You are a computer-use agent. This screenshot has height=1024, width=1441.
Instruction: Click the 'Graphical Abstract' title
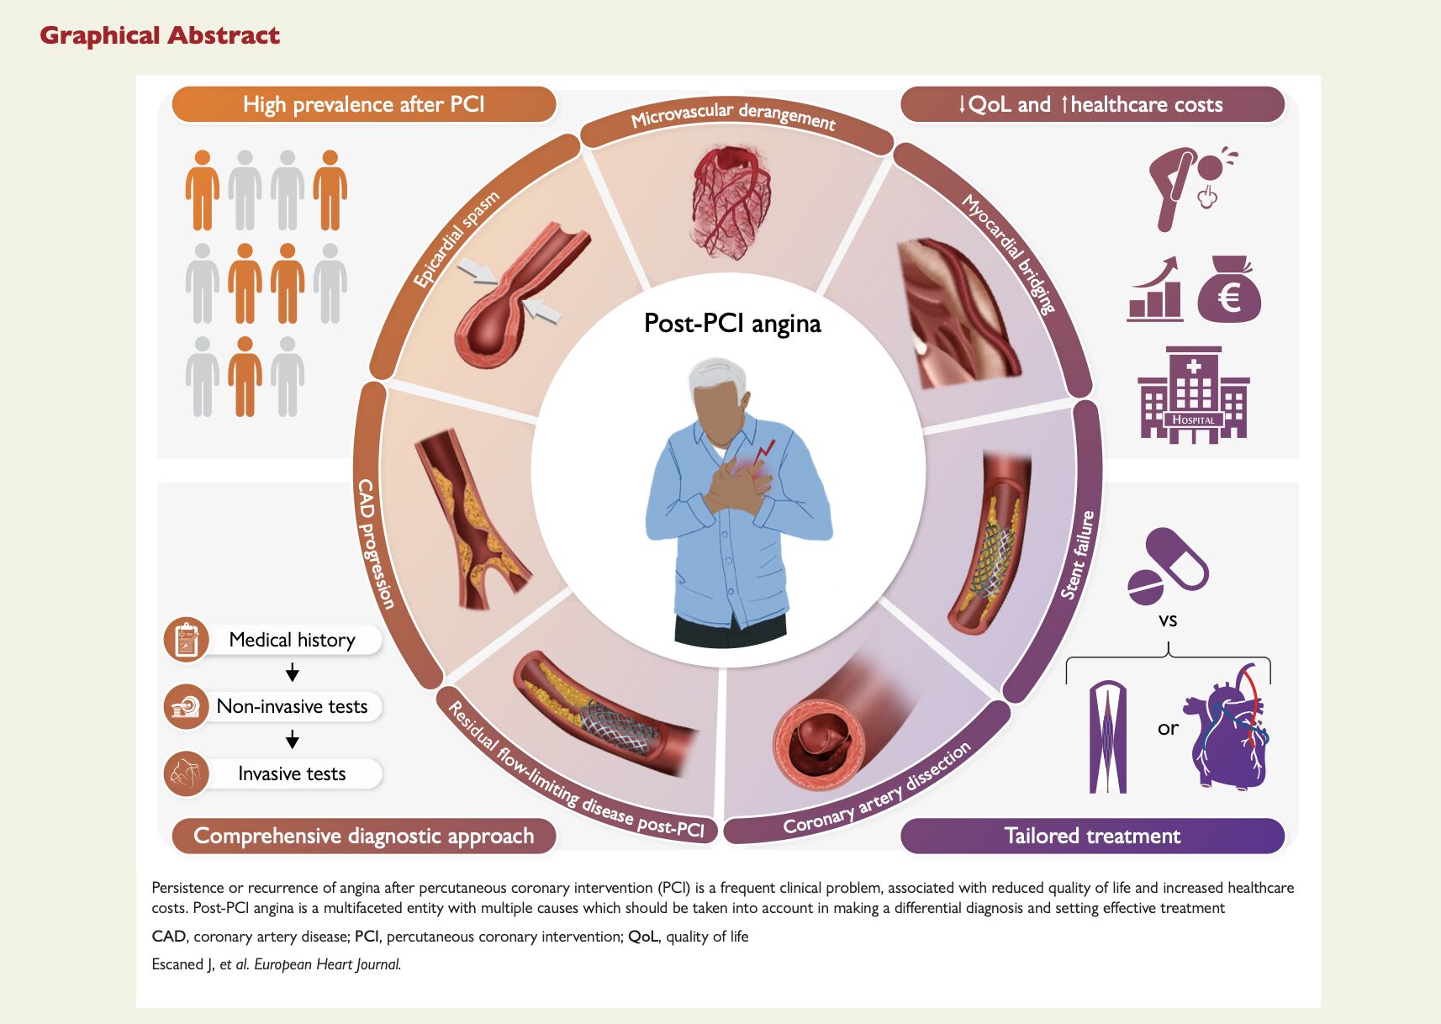(x=160, y=35)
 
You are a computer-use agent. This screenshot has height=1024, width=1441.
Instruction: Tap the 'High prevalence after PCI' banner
(x=363, y=104)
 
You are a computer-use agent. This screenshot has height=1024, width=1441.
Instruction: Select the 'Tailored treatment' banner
(x=1092, y=836)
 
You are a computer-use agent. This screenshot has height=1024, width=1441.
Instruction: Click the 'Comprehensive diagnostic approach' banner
(x=363, y=836)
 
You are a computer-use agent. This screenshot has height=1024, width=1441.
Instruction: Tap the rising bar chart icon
(x=1154, y=289)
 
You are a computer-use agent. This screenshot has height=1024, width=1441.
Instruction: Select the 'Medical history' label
(x=292, y=640)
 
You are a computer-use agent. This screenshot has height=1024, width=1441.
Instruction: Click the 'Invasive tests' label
(x=292, y=773)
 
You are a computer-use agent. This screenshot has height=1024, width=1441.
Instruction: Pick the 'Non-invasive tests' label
(x=292, y=706)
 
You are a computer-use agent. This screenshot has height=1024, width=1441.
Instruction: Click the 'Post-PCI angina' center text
(x=732, y=324)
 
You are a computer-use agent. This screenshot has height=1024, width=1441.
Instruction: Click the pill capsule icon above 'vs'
(x=1167, y=564)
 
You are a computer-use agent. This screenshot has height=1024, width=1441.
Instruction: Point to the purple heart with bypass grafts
(x=1228, y=728)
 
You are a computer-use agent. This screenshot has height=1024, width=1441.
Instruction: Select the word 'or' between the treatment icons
(x=1168, y=728)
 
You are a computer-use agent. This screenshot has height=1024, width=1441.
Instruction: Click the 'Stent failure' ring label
(x=1078, y=555)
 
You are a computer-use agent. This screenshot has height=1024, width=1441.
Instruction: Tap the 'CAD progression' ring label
(x=375, y=543)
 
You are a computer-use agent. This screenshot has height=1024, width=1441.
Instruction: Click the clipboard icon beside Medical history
(x=186, y=640)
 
